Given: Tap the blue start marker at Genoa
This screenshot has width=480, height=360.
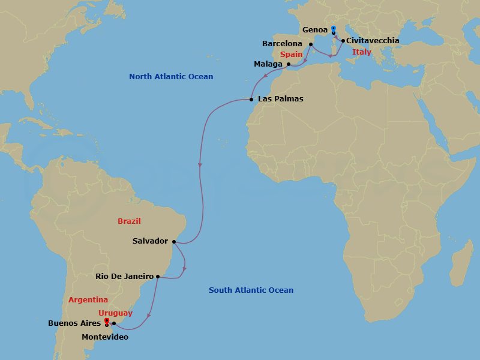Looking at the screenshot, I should click(x=334, y=29).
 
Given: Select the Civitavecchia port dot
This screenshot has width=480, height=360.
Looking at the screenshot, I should click(x=343, y=41).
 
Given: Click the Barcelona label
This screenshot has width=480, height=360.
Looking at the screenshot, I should click(x=283, y=44).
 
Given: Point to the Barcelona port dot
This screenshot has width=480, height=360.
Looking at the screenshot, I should click(x=310, y=44).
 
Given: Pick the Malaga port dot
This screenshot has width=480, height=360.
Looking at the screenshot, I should click(x=289, y=64).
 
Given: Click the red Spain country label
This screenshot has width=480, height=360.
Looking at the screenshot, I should click(x=290, y=54).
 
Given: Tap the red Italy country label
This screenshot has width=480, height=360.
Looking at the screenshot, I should click(x=362, y=52).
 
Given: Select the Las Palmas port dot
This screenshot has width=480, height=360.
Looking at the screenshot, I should click(x=251, y=99).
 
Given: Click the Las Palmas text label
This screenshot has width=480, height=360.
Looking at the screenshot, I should click(x=280, y=99).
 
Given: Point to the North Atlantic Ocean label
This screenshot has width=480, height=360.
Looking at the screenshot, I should click(x=171, y=77).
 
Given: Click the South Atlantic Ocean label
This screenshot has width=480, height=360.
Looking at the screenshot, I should click(x=251, y=290).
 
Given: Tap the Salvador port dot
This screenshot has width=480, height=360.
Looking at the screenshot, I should click(x=174, y=241).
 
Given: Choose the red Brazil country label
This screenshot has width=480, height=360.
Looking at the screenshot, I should click(x=129, y=221).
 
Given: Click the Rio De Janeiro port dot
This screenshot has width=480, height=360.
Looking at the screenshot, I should click(x=158, y=277).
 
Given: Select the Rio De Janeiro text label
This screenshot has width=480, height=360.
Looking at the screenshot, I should click(x=124, y=277).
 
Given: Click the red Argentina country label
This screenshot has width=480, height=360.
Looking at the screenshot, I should click(x=88, y=299).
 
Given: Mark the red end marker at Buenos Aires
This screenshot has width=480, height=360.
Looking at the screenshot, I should click(x=106, y=322).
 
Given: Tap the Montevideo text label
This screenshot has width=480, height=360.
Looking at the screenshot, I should click(x=105, y=337).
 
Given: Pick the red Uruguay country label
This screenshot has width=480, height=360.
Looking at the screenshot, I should click(x=115, y=313).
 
